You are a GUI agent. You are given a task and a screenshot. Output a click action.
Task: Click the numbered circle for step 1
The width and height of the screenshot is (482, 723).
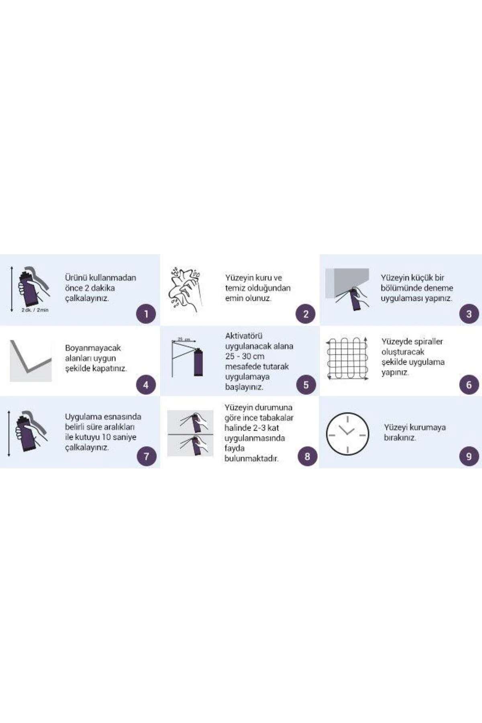146,314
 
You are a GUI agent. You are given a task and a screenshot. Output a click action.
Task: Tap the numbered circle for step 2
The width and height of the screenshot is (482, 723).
306,314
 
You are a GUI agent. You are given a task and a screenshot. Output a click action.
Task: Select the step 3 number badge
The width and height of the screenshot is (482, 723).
469,314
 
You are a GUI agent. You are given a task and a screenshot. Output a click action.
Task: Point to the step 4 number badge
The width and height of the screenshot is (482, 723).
146,384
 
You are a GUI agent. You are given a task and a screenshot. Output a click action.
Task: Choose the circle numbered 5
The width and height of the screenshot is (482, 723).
306,384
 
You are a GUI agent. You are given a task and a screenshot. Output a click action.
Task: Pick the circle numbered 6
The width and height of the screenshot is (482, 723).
469,384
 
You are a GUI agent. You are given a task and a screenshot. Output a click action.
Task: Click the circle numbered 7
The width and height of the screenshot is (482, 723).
146,456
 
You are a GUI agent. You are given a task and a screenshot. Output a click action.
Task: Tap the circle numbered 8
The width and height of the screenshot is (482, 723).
307,456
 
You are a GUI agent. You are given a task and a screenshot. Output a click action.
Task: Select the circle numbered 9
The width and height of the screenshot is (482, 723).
469,456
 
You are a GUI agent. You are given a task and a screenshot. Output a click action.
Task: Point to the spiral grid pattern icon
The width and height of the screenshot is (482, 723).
347,358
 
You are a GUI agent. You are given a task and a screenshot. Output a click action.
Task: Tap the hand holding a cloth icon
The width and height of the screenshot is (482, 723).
185,288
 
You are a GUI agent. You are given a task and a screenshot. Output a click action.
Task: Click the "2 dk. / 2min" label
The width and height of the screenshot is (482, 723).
35,310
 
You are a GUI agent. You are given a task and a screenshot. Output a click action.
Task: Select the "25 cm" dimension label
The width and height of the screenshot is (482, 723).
184,339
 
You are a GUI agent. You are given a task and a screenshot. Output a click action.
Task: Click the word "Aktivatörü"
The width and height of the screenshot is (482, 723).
244,336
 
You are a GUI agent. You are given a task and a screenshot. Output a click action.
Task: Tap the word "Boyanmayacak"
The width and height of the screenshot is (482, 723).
93,348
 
